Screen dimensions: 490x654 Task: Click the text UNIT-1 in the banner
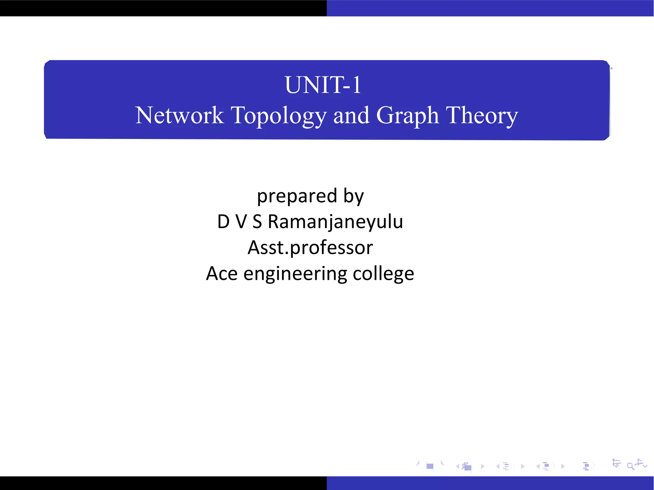323,85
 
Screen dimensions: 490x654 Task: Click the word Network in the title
179,115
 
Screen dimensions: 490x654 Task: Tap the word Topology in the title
278,116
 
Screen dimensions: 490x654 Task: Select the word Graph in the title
407,116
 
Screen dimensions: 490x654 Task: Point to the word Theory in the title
482,116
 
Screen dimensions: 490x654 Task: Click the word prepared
297,196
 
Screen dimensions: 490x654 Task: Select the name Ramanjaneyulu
335,222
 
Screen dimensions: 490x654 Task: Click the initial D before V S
223,222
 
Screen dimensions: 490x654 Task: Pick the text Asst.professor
310,248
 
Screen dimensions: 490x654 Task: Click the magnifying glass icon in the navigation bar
630,466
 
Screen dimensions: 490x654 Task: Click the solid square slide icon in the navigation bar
430,466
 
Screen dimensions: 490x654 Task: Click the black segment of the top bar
163,8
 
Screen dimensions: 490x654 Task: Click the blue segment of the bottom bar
490,483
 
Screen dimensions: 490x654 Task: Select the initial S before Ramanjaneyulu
257,222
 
